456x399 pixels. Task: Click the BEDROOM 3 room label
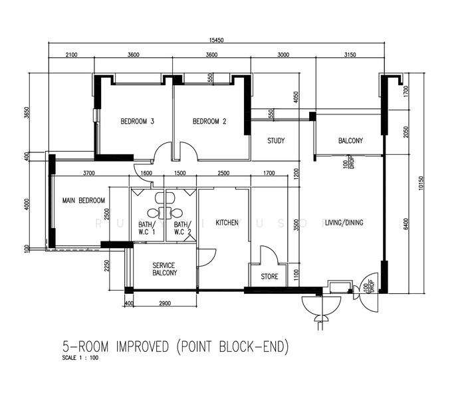click(x=138, y=122)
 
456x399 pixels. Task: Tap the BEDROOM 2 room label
click(x=209, y=122)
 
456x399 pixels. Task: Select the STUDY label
click(x=276, y=141)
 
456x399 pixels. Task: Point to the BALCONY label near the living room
click(x=350, y=141)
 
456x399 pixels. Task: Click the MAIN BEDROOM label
click(x=84, y=200)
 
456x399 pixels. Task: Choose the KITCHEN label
click(x=227, y=223)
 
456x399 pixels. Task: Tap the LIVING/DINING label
click(x=344, y=223)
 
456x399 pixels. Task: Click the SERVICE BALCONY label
click(x=164, y=269)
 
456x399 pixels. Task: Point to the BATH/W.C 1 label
click(x=147, y=227)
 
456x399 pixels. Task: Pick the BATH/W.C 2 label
click(x=183, y=227)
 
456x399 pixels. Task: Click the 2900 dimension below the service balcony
click(x=165, y=303)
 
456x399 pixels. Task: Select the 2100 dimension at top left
click(x=72, y=55)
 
